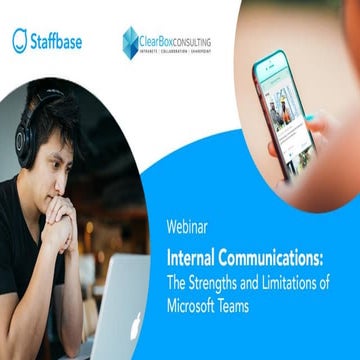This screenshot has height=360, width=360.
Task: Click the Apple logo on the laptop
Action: click(x=135, y=326)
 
